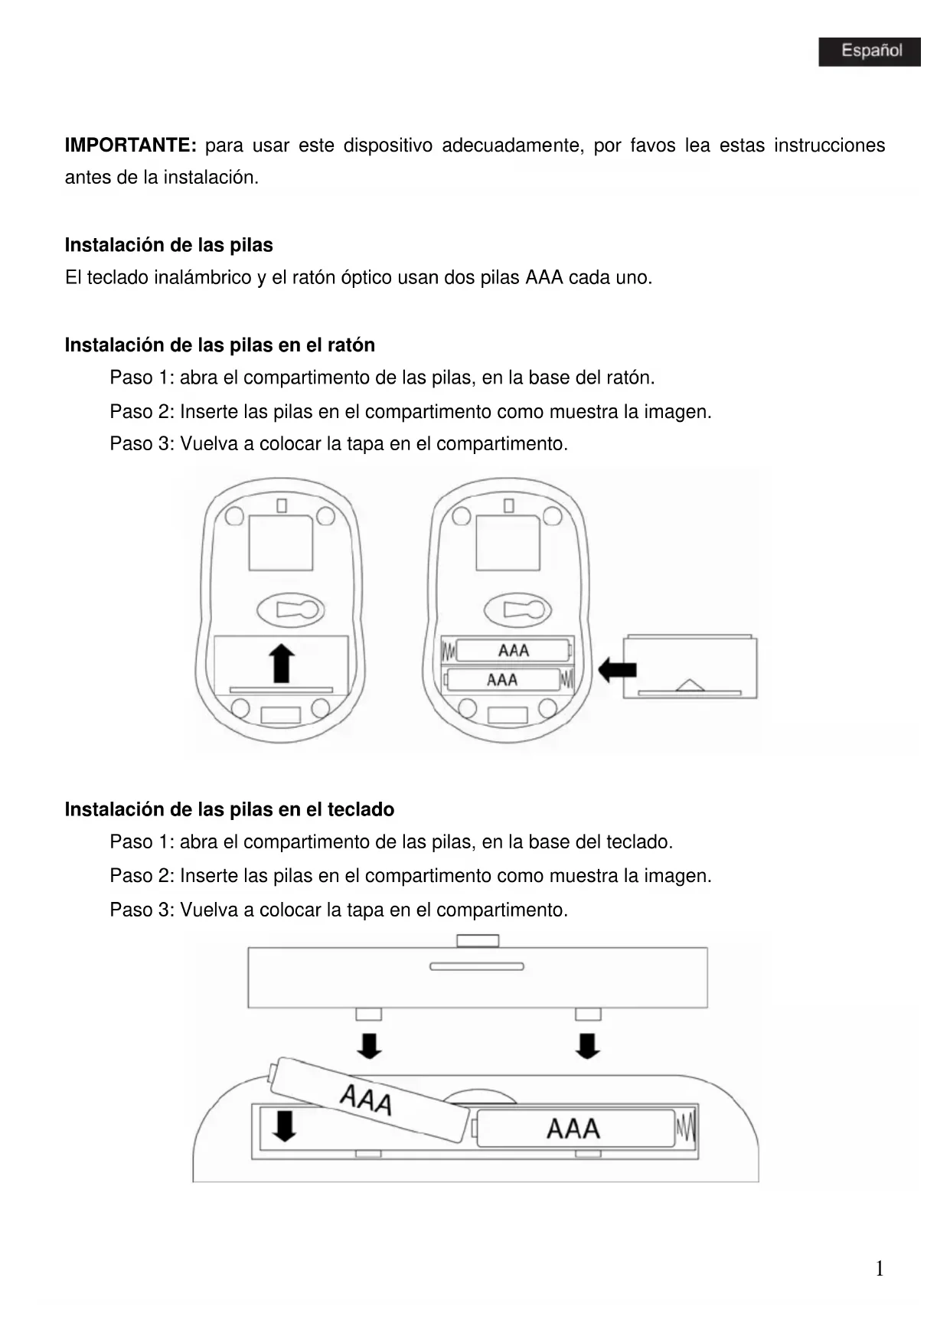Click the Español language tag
pos(869,51)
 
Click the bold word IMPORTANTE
pos(130,145)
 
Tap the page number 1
pos(880,1269)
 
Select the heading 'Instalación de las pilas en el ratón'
pos(220,345)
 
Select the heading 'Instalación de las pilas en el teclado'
pos(229,809)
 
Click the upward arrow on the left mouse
pos(282,663)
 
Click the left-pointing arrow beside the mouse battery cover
pos(617,670)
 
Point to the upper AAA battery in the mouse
pos(512,651)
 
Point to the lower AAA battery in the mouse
pos(503,680)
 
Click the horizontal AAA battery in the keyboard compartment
pos(574,1129)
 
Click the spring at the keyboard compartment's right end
pos(686,1128)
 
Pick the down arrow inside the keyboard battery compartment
pos(284,1126)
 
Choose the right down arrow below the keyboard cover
pos(587,1045)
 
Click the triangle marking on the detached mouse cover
pos(690,685)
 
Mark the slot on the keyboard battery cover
pos(476,966)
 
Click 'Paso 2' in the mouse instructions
pos(142,412)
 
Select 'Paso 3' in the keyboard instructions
pos(142,910)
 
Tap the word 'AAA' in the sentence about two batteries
pos(544,278)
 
